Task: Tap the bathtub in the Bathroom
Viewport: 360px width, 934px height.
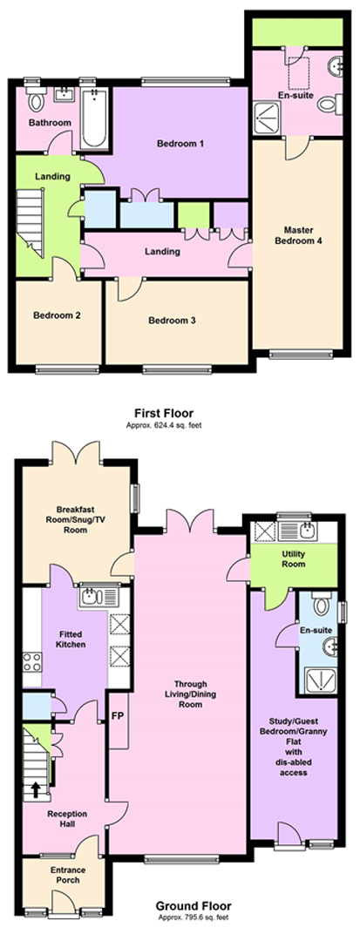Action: click(x=94, y=118)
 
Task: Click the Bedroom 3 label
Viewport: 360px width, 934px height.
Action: click(x=173, y=321)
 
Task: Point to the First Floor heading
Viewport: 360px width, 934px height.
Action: click(x=163, y=413)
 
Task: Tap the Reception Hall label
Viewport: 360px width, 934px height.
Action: click(x=67, y=818)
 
